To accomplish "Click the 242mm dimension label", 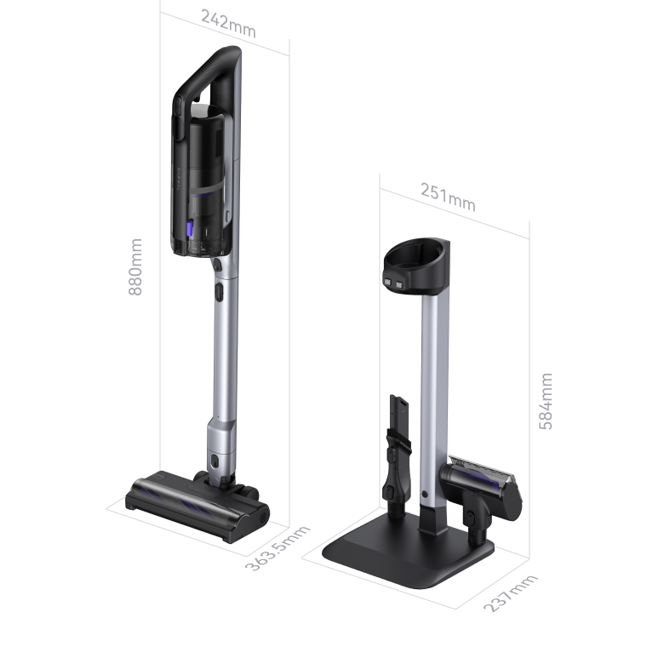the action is (228, 24).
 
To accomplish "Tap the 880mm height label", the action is (135, 266).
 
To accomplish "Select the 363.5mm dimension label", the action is (278, 548).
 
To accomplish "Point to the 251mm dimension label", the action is (448, 197).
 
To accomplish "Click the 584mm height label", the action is (546, 402).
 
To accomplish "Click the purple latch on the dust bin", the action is (190, 229).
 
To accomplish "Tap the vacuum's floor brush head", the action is (197, 507).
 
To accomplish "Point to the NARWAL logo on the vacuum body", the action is (179, 180).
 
